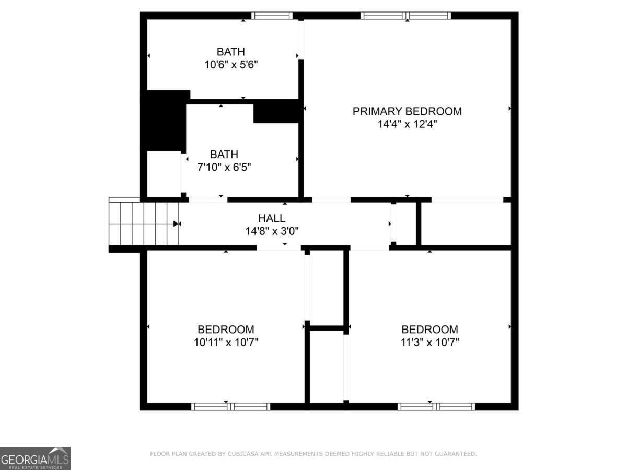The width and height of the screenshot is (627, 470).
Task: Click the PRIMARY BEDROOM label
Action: tap(407, 111)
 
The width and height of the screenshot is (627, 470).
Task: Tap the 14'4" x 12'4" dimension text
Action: tap(407, 124)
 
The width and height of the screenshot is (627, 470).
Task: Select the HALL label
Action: tap(272, 218)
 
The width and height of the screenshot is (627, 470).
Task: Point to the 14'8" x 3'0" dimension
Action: tap(272, 231)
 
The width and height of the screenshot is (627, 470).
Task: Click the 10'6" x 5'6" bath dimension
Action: tap(231, 65)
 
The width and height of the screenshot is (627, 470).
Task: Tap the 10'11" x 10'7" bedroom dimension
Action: tap(226, 343)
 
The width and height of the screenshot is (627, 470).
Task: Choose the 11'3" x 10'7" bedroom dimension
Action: tap(429, 343)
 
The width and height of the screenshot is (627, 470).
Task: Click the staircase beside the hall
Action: tap(144, 224)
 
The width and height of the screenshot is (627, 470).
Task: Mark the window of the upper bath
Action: tap(272, 16)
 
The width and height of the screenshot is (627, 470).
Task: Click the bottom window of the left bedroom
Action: tap(230, 406)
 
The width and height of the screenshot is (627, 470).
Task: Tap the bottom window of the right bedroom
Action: tap(436, 406)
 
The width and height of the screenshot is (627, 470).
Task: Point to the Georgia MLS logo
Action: tap(35, 458)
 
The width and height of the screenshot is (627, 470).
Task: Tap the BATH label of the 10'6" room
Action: tap(231, 52)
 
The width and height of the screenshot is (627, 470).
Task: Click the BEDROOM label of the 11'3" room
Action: tap(429, 330)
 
